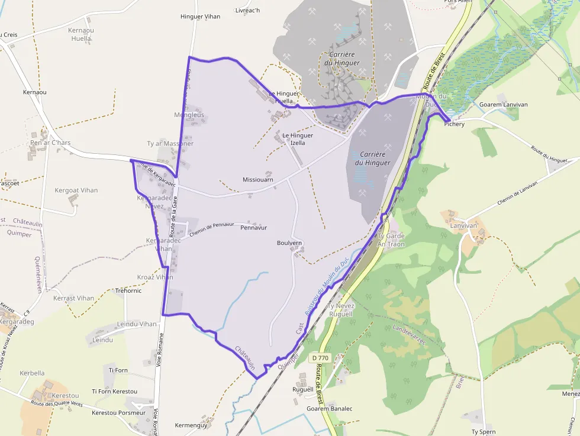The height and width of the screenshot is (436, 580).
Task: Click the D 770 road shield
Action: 320,358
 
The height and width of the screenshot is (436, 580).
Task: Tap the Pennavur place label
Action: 254,228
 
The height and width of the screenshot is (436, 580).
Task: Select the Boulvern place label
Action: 289,243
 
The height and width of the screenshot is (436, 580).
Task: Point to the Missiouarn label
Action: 258,179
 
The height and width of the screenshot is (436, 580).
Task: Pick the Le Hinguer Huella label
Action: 284,97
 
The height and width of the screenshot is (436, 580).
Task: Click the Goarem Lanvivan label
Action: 503,105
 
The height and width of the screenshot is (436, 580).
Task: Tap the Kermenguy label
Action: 191,425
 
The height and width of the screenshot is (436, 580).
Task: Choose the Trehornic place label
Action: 128,290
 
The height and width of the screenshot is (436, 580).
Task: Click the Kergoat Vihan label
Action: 76,190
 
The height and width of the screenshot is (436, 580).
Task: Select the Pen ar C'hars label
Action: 50,143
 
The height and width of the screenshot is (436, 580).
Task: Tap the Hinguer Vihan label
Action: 200,17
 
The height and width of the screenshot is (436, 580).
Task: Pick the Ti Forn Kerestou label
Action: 114,392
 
